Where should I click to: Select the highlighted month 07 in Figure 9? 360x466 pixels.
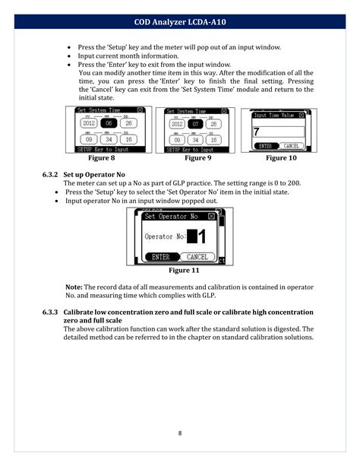(194, 124)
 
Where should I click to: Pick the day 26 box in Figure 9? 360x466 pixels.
(215, 124)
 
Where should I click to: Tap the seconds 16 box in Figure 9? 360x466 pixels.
(215, 140)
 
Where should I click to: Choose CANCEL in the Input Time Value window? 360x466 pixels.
(291, 146)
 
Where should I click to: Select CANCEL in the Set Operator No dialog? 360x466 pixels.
(197, 257)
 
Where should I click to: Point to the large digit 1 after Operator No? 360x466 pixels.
(201, 237)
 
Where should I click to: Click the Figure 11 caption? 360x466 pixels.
(184, 271)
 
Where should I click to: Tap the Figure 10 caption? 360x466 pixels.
(281, 159)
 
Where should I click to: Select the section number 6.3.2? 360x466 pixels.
(51, 175)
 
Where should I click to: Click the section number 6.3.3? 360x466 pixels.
(51, 313)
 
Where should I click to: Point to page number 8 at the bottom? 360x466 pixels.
(180, 433)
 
